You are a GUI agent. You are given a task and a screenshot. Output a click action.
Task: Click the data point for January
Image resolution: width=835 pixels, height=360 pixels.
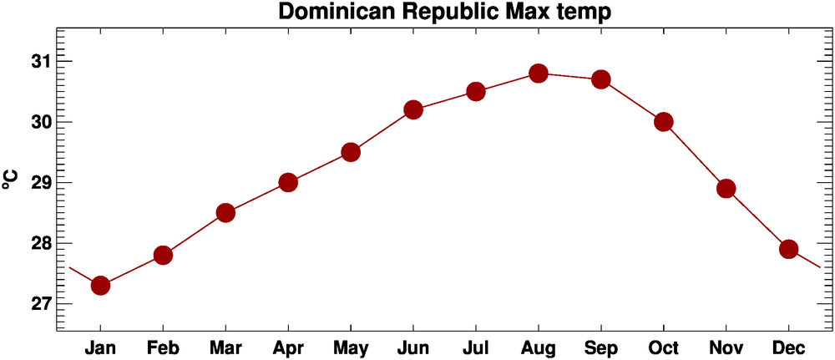[x=100, y=285]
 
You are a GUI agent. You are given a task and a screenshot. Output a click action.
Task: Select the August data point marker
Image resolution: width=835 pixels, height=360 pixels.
[x=539, y=74]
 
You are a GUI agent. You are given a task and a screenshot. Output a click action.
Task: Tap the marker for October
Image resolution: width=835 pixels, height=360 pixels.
[x=664, y=122]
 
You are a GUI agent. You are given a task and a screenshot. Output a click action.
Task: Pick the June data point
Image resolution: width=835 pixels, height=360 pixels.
[x=413, y=109]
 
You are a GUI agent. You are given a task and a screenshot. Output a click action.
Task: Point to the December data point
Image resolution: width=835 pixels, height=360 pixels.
[x=789, y=249]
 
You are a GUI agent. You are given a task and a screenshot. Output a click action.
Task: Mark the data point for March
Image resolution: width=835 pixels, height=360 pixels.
[x=225, y=213]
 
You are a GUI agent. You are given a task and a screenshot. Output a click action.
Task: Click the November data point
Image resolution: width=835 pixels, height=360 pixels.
[x=726, y=189]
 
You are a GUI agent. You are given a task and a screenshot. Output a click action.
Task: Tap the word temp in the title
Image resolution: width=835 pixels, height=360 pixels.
[x=584, y=13]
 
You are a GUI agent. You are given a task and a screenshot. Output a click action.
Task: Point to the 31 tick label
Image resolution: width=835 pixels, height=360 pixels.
[x=39, y=62]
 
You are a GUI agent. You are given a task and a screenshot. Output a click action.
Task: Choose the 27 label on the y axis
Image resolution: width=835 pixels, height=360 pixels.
[x=39, y=303]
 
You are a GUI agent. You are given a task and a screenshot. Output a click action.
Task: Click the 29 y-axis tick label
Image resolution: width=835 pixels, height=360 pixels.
[x=39, y=183]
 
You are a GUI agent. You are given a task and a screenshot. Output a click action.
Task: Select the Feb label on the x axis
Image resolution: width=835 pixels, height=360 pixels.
[x=163, y=347]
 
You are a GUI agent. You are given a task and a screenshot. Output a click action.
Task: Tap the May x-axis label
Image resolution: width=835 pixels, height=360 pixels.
[x=351, y=347]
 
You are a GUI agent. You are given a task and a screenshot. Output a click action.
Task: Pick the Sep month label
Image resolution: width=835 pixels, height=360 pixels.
[x=601, y=347]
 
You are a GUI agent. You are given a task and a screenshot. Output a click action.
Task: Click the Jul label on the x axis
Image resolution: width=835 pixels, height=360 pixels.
[x=476, y=347]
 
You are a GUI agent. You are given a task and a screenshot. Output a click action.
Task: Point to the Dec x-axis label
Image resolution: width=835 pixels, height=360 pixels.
[x=789, y=347]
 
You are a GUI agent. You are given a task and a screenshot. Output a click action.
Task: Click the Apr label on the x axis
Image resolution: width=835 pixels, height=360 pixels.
[x=288, y=347]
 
